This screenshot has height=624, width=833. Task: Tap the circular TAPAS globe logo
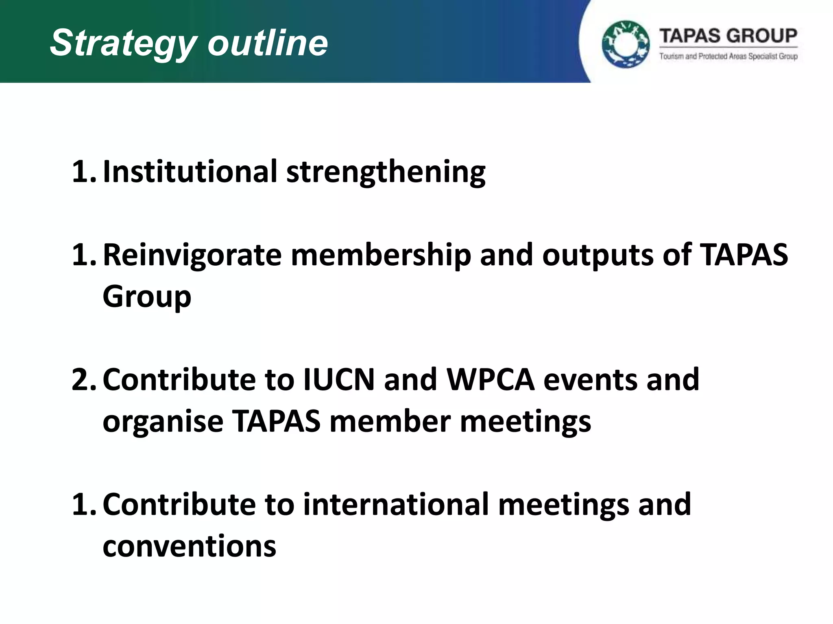click(626, 44)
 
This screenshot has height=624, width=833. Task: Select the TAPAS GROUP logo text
click(728, 36)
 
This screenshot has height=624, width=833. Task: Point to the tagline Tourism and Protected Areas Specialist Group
click(728, 56)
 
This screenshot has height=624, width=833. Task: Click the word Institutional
click(190, 171)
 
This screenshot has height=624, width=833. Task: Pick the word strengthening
click(386, 173)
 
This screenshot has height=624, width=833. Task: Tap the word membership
click(380, 255)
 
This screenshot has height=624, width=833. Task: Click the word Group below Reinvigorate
click(147, 297)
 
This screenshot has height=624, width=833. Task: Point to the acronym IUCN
click(339, 379)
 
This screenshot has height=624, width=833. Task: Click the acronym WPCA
click(490, 379)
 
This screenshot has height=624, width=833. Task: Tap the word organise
click(163, 421)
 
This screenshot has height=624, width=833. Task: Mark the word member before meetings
click(390, 421)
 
